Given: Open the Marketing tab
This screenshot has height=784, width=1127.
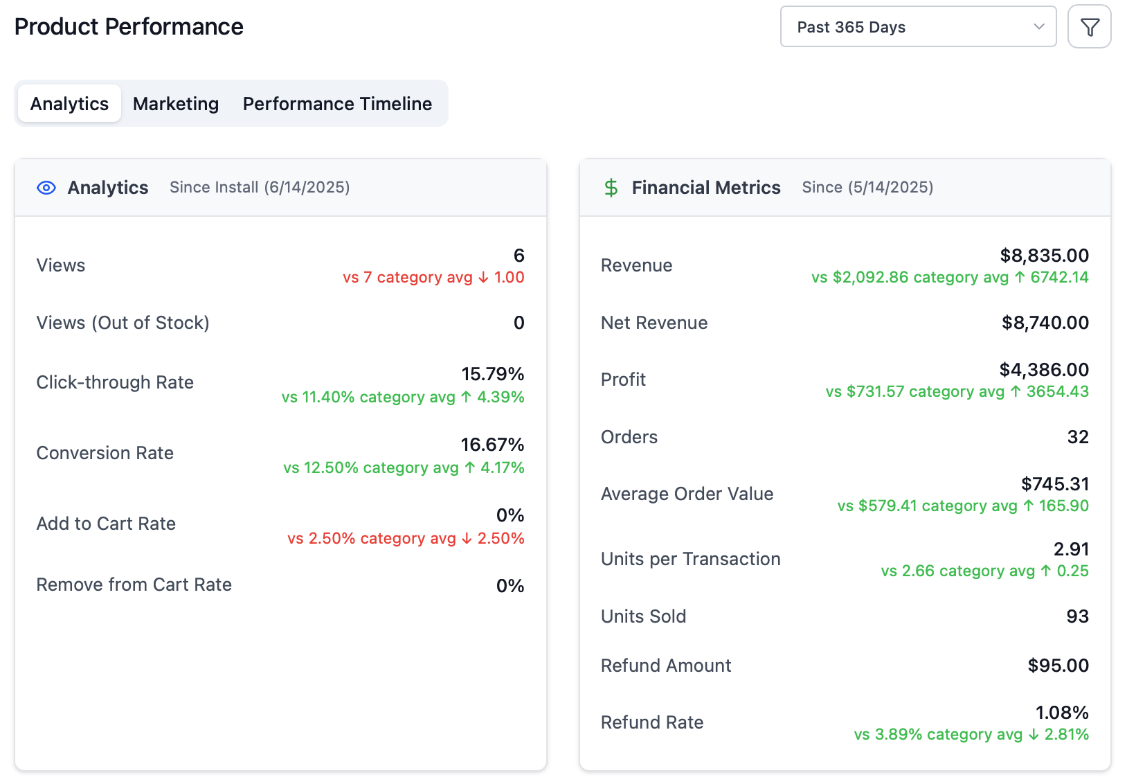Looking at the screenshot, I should (x=176, y=104).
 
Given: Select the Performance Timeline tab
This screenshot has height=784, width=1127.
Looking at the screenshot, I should (x=337, y=104).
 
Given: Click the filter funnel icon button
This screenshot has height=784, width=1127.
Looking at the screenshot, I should (x=1089, y=27).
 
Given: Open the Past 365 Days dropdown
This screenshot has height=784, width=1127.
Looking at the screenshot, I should (x=917, y=27).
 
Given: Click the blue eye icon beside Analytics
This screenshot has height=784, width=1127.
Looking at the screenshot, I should (x=46, y=188).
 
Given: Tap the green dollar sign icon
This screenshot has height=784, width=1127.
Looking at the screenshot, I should (x=611, y=188).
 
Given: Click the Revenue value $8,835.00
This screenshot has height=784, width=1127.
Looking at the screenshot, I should (x=1044, y=256).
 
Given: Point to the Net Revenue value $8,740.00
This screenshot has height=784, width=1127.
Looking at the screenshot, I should (x=1045, y=323).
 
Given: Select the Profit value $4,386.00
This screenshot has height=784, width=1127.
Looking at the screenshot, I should (x=1044, y=370).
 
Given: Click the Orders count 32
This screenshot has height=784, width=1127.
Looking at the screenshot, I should (x=1077, y=437).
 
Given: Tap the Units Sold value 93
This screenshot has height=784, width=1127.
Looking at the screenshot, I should (x=1077, y=616).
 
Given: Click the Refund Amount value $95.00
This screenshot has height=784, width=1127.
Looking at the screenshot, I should (x=1058, y=666).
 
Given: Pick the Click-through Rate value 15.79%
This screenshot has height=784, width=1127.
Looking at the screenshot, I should (x=492, y=374).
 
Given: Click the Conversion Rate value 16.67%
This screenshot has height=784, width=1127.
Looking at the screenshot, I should (x=492, y=445).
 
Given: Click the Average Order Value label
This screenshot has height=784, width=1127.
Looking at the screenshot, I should (x=687, y=494).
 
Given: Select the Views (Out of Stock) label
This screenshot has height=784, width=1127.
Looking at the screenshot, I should (x=123, y=323).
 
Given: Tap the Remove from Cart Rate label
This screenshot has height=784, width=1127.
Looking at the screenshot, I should (x=134, y=585).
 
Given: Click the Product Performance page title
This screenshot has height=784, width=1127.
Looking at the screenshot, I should (x=129, y=27).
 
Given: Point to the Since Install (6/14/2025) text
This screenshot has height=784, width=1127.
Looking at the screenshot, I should (x=260, y=188).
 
